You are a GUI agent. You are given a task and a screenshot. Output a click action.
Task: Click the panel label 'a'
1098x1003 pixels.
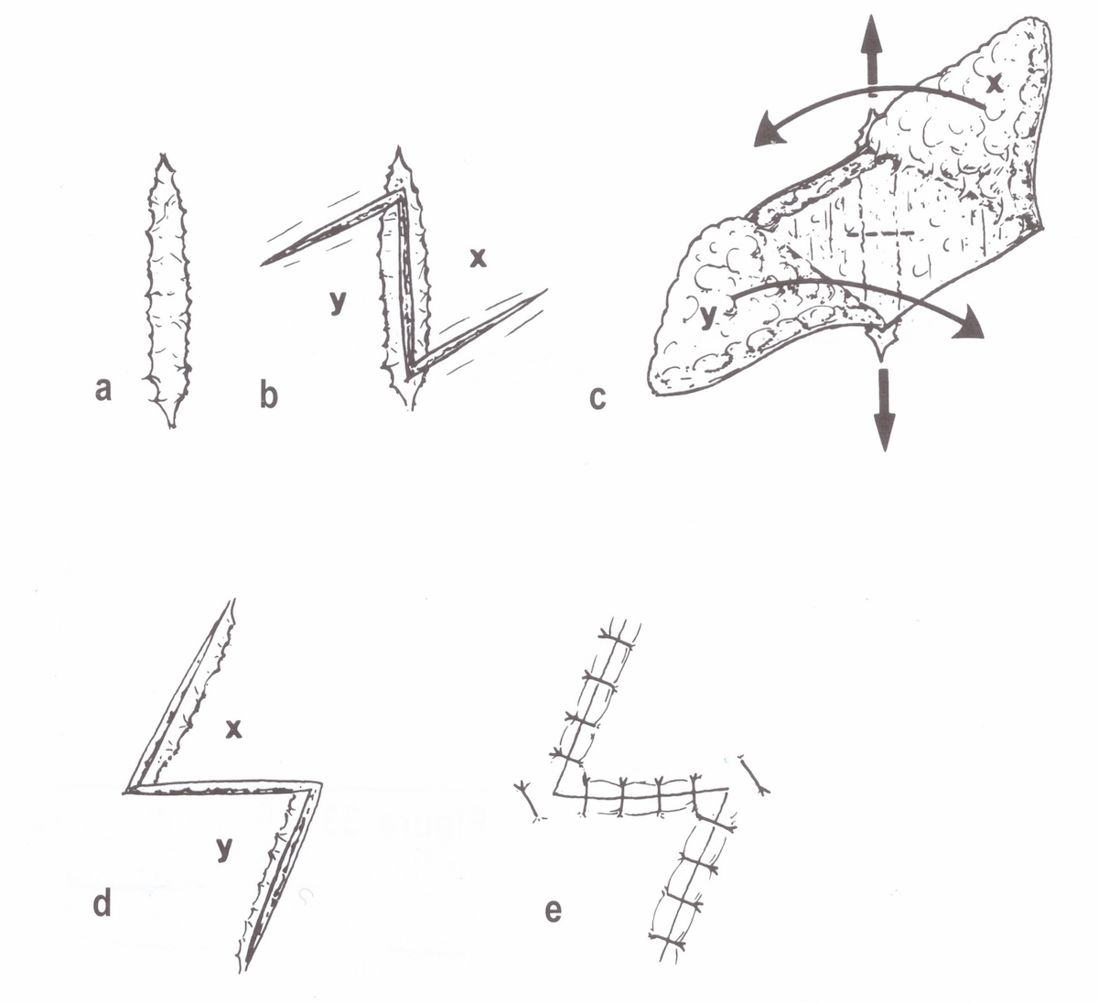coord(103,389)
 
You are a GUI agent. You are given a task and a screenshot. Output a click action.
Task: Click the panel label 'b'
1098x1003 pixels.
coord(269,395)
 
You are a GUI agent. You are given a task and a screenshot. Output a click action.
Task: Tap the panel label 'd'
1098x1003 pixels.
coord(102,901)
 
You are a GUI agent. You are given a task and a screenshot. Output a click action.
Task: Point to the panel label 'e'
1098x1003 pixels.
coord(554,910)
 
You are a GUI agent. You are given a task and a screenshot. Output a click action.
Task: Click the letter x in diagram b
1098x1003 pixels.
coord(478,258)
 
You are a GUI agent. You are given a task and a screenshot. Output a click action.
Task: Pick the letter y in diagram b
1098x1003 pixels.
coord(339,302)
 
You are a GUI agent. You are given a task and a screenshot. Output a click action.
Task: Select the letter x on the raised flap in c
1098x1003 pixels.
coord(994,84)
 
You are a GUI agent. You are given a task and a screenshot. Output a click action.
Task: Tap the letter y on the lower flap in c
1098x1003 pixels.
coord(707,317)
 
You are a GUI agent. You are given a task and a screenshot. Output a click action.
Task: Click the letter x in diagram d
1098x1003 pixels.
coord(233,728)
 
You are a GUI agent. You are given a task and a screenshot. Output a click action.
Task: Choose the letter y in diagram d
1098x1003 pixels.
coord(223,849)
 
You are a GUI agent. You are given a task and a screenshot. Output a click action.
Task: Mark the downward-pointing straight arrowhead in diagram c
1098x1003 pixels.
coord(885,431)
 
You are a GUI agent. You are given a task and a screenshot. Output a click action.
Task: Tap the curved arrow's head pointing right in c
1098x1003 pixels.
coord(968,325)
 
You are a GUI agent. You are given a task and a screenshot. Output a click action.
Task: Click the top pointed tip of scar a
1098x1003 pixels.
coord(161,155)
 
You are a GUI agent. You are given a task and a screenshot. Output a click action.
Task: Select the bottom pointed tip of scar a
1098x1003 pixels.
coord(172,426)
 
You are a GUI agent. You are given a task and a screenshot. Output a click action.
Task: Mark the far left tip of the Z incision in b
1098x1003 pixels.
coord(263,264)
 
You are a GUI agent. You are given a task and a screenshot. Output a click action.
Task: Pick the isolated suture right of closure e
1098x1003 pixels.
coord(756,774)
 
